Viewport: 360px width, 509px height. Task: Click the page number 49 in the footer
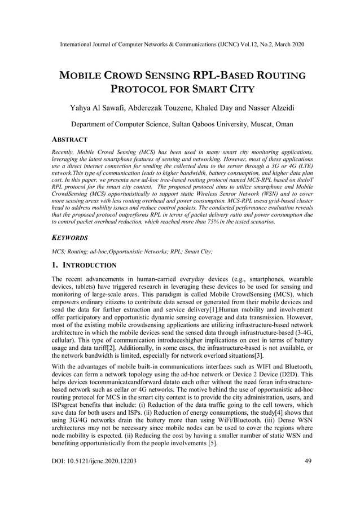[x=308, y=461]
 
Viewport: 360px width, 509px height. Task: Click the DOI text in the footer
[x=94, y=461]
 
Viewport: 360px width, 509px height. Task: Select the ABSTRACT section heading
[x=72, y=139]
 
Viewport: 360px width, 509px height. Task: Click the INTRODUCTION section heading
[x=90, y=265]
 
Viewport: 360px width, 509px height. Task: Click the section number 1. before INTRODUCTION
[x=55, y=265]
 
